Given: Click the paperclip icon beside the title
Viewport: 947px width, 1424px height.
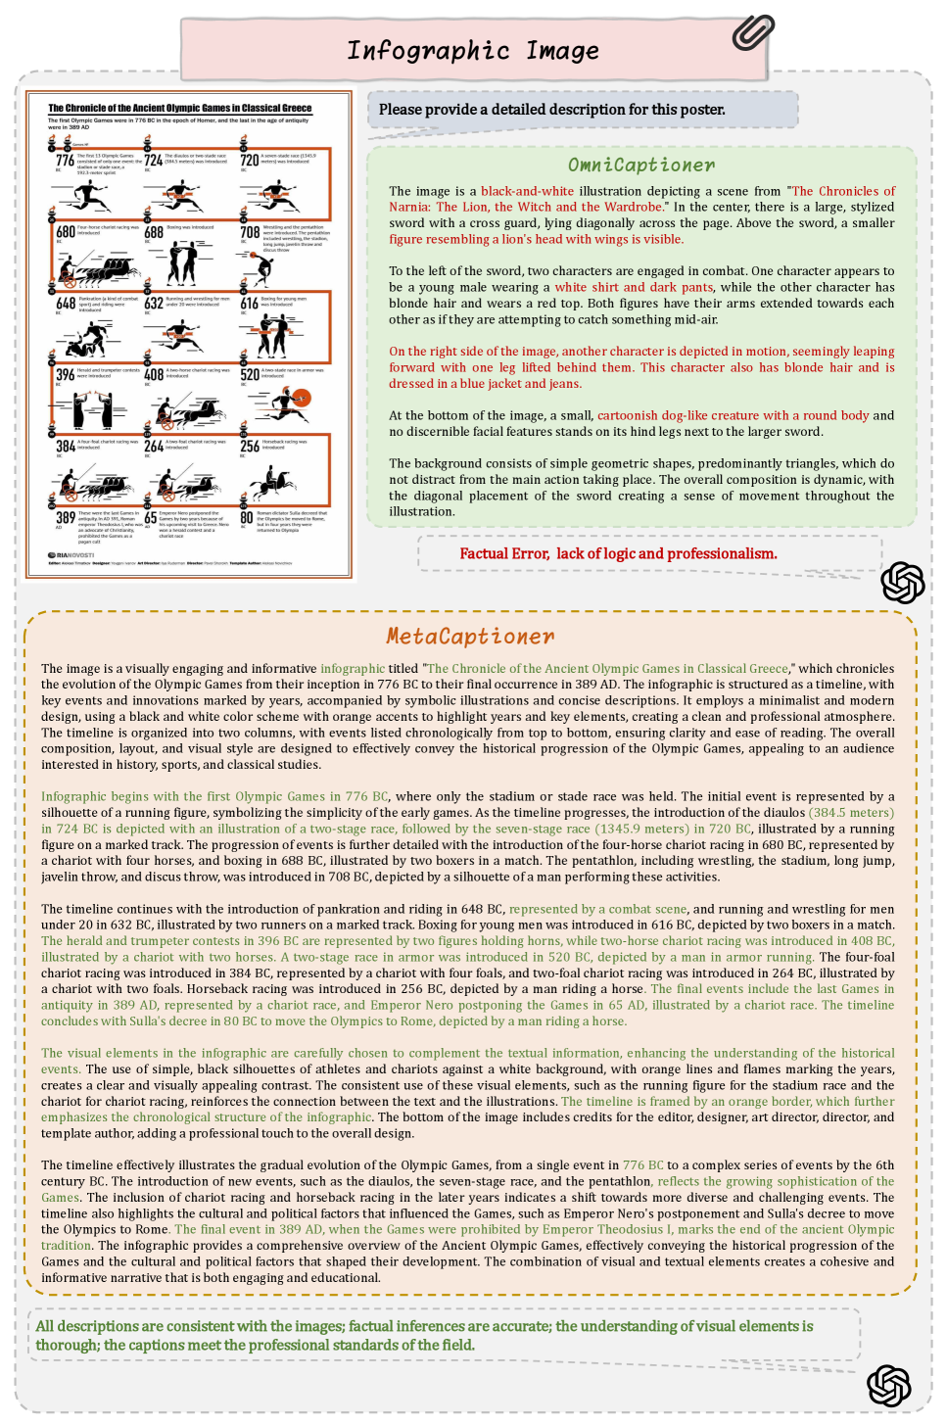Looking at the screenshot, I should click(x=752, y=31).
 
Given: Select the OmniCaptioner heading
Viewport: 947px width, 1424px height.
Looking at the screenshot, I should click(x=641, y=165).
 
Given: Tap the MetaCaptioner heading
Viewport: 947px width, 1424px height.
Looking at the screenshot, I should click(x=470, y=637).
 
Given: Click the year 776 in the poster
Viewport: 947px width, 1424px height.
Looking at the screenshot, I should click(x=65, y=160).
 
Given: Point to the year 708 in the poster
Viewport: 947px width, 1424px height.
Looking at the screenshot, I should click(x=250, y=233).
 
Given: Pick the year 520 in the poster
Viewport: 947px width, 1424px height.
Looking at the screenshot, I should click(x=250, y=375).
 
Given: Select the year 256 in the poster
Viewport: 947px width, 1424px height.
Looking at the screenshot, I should click(x=250, y=447).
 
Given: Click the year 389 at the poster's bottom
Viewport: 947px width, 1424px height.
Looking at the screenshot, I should click(x=65, y=517).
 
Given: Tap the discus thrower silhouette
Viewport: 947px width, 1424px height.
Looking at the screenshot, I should click(x=261, y=266).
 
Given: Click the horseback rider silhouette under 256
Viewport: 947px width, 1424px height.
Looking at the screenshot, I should click(x=271, y=481).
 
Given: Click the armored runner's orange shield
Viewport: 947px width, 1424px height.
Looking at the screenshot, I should click(x=302, y=398).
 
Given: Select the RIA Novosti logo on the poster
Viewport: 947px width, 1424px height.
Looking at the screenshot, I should click(x=71, y=555).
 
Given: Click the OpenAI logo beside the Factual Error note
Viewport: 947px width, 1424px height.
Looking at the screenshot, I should click(x=902, y=583).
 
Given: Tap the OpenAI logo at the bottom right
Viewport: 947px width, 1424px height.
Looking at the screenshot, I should click(x=888, y=1385).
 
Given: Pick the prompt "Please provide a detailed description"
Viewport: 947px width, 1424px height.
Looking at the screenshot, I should click(x=551, y=110).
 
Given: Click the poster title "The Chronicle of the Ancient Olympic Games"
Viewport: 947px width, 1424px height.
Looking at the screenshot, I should click(x=180, y=109).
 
